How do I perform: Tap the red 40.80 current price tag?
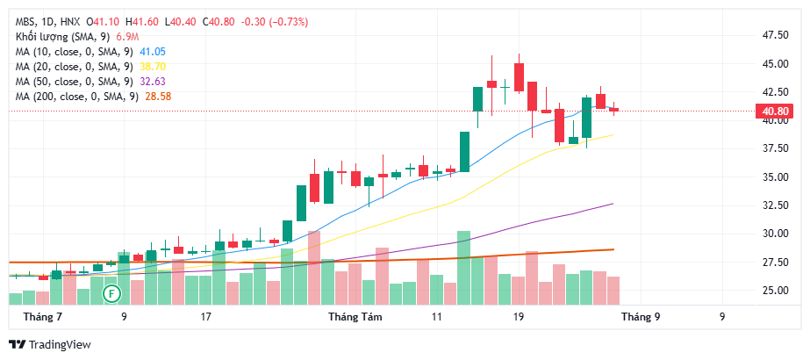point(773,111)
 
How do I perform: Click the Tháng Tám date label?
point(351,316)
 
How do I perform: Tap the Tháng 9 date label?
point(642,316)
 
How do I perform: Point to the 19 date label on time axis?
point(518,316)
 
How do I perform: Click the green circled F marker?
point(111,292)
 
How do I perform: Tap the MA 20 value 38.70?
point(153,66)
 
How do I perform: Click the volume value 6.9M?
point(127,36)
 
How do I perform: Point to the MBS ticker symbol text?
point(26,21)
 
